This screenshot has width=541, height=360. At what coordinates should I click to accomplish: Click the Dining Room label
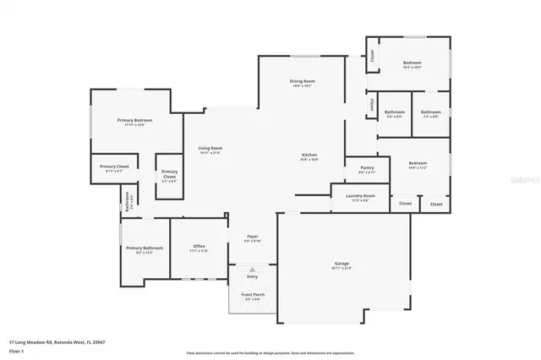[303, 82]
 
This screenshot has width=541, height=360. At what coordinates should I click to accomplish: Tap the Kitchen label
[310, 155]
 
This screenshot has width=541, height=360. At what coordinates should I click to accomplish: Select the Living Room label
[210, 149]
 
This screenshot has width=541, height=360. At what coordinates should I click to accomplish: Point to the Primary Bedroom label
[134, 120]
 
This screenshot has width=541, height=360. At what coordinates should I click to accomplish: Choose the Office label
[199, 246]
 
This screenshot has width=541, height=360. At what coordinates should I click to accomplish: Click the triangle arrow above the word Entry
[252, 270]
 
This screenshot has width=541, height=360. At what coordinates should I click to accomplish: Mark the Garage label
[342, 265]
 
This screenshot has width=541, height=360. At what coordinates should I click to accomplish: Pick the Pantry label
[366, 167]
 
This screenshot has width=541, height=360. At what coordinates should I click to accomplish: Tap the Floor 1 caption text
[17, 350]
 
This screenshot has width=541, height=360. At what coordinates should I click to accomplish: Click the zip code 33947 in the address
[98, 342]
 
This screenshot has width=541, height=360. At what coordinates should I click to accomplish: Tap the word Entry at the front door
[252, 276]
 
